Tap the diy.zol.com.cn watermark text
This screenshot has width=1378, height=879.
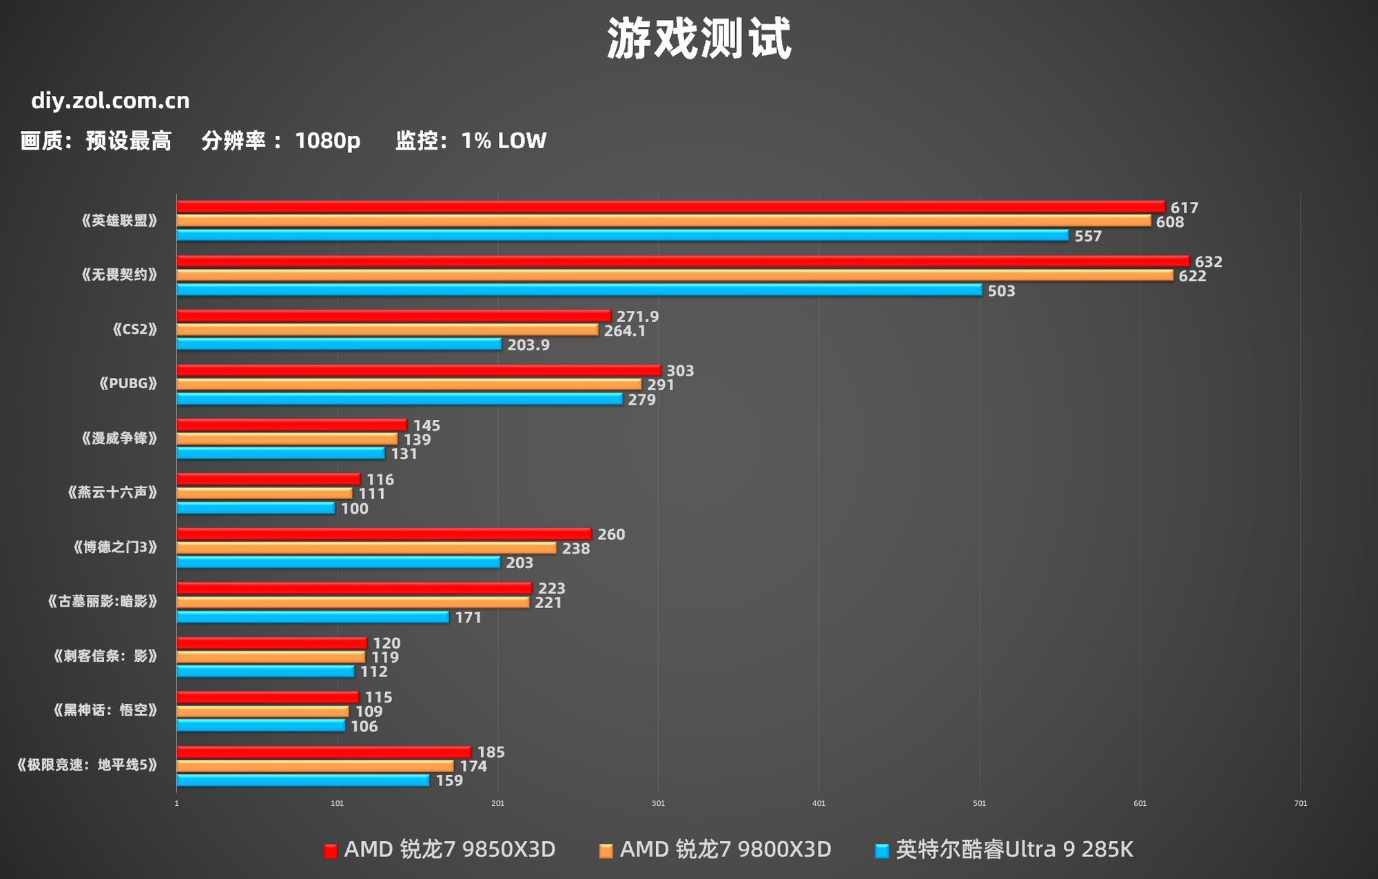tap(110, 101)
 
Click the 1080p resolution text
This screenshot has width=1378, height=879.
tap(327, 141)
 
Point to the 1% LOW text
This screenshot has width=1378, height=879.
tap(504, 141)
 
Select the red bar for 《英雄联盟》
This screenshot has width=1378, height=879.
tap(670, 206)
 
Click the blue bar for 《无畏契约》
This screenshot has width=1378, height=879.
tap(579, 290)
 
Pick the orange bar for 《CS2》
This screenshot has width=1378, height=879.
tap(387, 330)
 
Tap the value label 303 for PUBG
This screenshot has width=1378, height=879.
tap(680, 370)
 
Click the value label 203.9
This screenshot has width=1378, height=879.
tap(528, 345)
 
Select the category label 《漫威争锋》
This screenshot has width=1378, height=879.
tap(119, 438)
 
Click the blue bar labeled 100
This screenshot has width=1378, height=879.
tap(256, 508)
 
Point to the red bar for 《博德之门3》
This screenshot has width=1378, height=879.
tap(384, 534)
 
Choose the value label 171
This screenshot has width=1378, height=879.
tap(469, 617)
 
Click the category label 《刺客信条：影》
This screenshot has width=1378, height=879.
tap(105, 656)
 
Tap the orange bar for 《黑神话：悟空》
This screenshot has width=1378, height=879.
tap(263, 711)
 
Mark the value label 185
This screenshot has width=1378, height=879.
tap(491, 751)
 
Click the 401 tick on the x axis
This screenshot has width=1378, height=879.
tap(819, 803)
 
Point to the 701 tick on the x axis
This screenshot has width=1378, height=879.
tap(1300, 803)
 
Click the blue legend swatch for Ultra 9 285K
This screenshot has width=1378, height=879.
tap(881, 851)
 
